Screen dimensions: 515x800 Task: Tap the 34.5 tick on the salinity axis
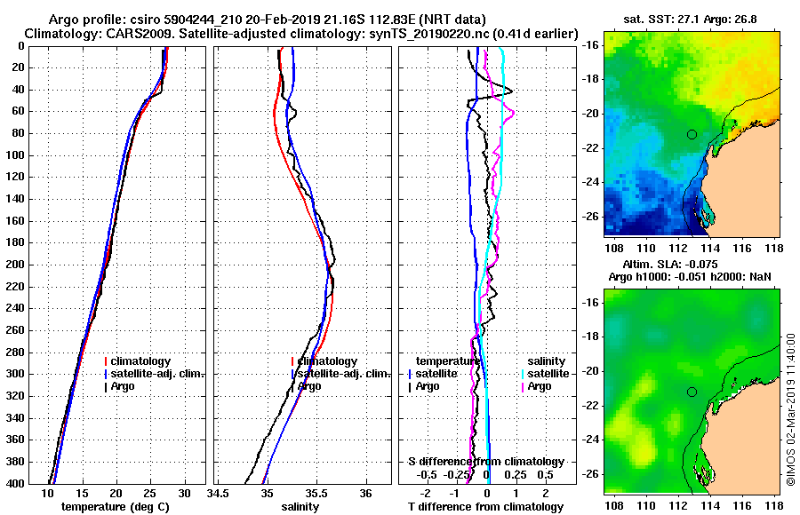click(x=219, y=493)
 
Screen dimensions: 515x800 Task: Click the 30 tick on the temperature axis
click(x=184, y=493)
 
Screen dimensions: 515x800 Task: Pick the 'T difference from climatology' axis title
click(x=486, y=506)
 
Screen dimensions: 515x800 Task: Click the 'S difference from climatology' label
click(x=485, y=462)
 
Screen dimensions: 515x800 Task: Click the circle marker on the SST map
click(x=692, y=134)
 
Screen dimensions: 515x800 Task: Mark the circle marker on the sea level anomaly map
click(x=692, y=392)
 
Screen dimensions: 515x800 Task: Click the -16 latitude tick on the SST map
click(x=589, y=45)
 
